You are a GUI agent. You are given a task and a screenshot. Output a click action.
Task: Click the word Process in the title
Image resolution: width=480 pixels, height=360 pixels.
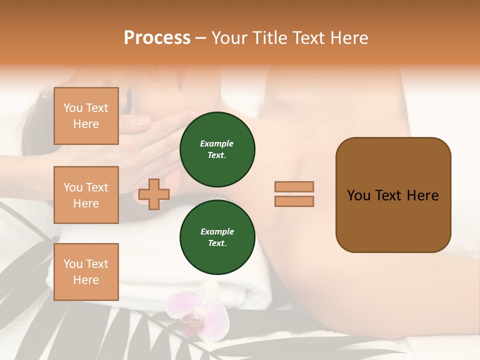coord(157,38)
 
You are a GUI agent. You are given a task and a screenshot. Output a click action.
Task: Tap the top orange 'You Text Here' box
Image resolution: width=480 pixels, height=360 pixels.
coord(86,116)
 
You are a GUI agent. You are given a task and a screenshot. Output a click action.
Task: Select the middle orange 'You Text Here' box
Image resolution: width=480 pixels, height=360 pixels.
coord(86,195)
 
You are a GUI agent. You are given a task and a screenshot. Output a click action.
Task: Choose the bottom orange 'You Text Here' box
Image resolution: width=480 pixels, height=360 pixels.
coord(86,271)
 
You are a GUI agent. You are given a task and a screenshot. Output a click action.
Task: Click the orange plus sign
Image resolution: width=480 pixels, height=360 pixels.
coord(154,194)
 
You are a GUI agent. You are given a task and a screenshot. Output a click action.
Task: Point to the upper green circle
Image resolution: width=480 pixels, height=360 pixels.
coord(217,149)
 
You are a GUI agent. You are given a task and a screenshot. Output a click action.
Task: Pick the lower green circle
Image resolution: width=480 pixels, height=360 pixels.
coord(217,237)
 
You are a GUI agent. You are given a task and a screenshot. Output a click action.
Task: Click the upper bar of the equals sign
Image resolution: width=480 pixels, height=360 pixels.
coord(294,186)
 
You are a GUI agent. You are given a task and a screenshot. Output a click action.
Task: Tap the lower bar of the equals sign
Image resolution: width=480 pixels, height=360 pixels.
coord(294,201)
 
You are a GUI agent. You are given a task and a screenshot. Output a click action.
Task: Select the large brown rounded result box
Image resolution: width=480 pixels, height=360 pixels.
coord(393,195)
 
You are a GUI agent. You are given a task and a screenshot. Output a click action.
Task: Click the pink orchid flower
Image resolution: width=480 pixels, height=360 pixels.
coord(197,310)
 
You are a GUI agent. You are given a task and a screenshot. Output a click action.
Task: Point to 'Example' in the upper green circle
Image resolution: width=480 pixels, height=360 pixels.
coord(217,143)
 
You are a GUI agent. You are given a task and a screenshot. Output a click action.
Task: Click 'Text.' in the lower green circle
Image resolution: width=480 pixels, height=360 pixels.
coord(217,243)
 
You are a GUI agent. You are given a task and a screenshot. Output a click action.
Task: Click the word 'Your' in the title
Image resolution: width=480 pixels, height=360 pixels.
coord(229,38)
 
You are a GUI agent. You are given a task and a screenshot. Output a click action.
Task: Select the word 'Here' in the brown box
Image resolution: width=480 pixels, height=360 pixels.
coord(423,195)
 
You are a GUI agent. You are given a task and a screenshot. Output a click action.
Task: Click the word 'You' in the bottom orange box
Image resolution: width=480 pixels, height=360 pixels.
coord(72,264)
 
